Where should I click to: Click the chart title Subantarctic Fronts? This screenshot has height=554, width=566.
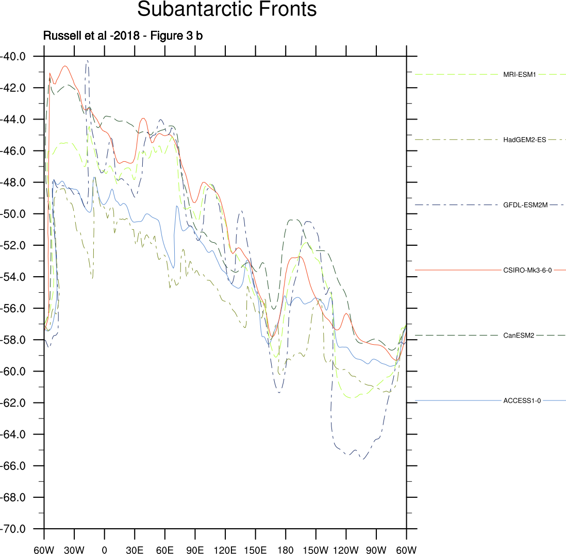click(x=227, y=10)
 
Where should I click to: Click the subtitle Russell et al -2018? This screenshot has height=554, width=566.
click(x=126, y=36)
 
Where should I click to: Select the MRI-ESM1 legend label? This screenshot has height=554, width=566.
click(x=520, y=75)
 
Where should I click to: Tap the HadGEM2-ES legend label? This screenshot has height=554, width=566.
click(x=524, y=140)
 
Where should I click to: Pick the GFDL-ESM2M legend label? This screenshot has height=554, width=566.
click(x=525, y=205)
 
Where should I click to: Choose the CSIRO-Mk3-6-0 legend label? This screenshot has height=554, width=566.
click(x=527, y=270)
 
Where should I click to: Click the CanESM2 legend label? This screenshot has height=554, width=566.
click(x=519, y=335)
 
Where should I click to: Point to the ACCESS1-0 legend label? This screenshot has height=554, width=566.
click(x=522, y=400)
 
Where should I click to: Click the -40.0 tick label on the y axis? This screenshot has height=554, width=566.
click(x=17, y=56)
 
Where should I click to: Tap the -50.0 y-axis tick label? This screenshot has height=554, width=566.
click(x=17, y=214)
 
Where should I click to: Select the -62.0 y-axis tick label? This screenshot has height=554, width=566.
click(x=17, y=403)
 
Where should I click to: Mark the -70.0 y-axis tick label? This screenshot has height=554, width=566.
click(x=17, y=529)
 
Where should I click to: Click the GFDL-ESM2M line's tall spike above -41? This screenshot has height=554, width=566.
click(x=88, y=61)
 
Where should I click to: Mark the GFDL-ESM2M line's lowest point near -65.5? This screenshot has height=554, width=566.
click(x=363, y=459)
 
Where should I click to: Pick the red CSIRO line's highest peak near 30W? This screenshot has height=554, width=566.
click(x=65, y=66)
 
